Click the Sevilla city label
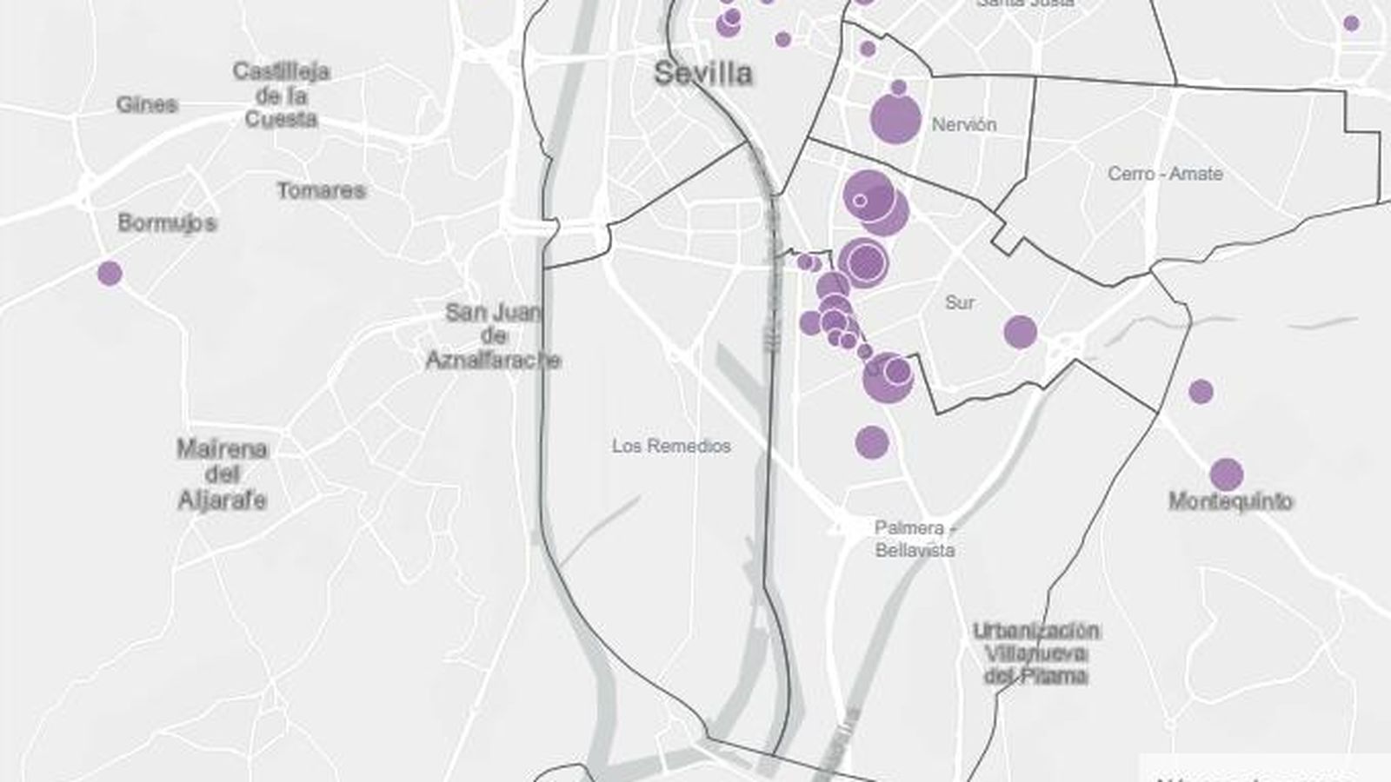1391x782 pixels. (x=703, y=73)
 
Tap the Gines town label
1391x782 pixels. (x=147, y=105)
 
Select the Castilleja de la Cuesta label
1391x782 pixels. (x=281, y=95)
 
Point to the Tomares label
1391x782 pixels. (x=321, y=190)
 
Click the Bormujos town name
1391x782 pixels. (x=167, y=223)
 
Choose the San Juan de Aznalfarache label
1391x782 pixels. (x=493, y=336)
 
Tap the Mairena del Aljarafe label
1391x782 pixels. (x=223, y=474)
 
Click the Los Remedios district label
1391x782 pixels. (x=671, y=446)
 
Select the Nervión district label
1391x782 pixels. (x=964, y=124)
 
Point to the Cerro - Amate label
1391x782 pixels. (x=1165, y=174)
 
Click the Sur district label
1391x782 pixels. (x=960, y=302)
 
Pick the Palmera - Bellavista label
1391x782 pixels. (x=915, y=539)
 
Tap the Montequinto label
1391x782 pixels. (x=1230, y=501)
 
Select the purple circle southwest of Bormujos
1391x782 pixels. (x=110, y=274)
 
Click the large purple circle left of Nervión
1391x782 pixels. (x=895, y=119)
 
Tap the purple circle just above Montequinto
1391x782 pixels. (x=1226, y=474)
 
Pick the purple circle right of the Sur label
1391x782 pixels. (x=1020, y=332)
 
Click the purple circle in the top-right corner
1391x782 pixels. (x=1351, y=23)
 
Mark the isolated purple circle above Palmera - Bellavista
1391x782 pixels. (x=871, y=442)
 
